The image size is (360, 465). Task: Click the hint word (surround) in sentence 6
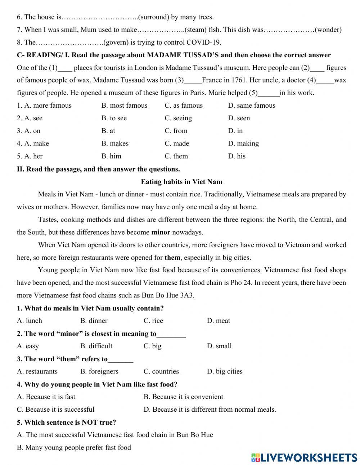coord(154,17)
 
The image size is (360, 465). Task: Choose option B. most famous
coord(124,106)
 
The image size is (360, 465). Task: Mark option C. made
coord(177,143)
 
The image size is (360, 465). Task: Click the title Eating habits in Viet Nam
coord(181,182)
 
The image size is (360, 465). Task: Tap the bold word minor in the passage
coord(161,232)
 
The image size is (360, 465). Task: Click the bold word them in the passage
coord(172,258)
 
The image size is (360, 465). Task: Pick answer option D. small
coord(219,346)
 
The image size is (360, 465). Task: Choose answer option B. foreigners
coord(99,371)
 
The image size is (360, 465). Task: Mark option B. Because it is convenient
coord(183,397)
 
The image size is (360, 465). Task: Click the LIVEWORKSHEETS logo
coord(304,457)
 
